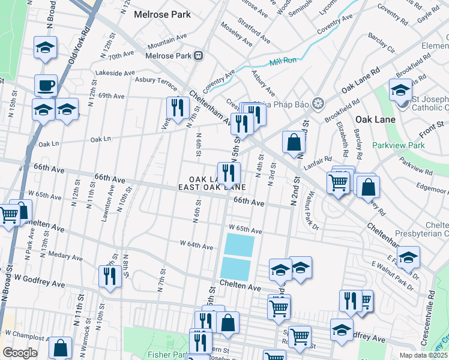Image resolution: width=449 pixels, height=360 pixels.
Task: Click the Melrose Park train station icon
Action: (x=198, y=56)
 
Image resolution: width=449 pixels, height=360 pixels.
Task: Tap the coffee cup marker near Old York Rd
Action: (x=46, y=85)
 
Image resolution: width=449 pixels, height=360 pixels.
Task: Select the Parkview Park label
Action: (x=398, y=145)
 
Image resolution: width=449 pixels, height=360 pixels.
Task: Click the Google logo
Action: (x=20, y=352)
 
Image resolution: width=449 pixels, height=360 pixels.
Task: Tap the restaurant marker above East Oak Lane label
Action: (x=229, y=173)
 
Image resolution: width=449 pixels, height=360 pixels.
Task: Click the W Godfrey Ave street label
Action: (x=40, y=280)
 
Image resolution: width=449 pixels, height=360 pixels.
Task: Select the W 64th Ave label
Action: (x=196, y=246)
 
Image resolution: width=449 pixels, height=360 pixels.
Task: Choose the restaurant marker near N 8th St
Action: (x=109, y=276)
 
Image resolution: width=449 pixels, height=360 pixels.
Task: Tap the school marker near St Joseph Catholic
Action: (x=400, y=90)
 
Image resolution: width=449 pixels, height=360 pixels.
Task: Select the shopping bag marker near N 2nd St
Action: (x=294, y=143)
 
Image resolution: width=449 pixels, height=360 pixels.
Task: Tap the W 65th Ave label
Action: (x=246, y=230)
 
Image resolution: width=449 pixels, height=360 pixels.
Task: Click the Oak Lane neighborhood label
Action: (x=375, y=119)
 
